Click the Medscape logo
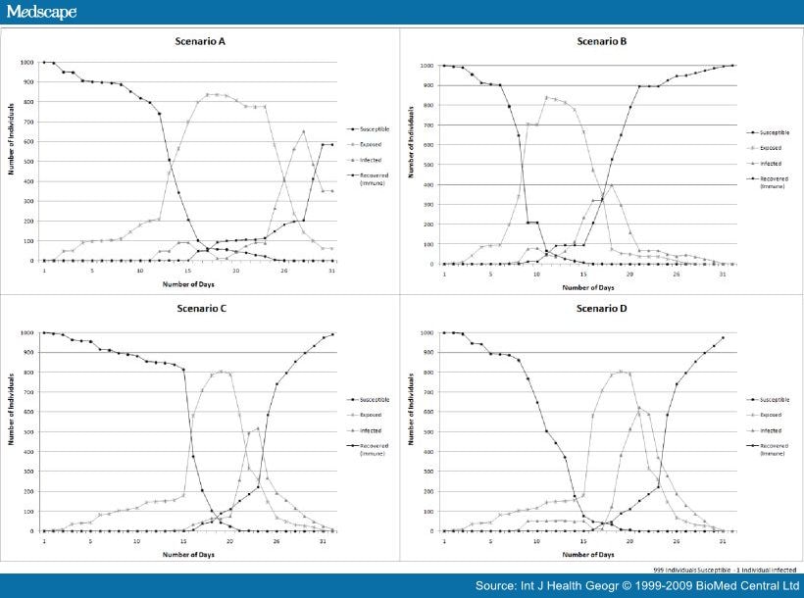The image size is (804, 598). click(x=41, y=12)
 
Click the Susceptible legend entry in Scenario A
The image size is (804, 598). click(x=372, y=128)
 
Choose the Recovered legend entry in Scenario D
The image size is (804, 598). click(x=772, y=449)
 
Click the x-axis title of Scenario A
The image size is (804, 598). click(x=189, y=283)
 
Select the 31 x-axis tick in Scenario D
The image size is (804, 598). click(x=723, y=541)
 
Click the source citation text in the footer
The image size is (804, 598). click(x=636, y=585)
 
